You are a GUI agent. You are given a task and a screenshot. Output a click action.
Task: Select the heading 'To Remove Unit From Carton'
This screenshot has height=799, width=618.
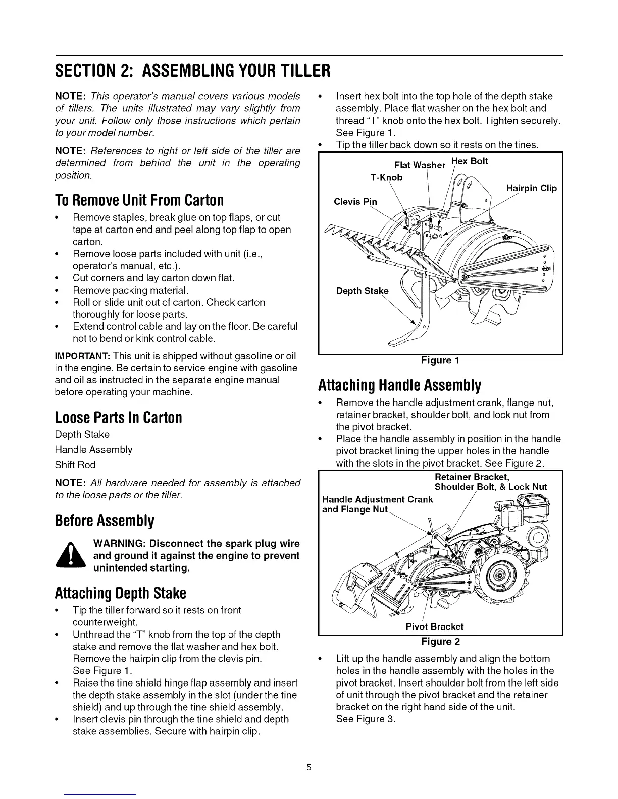tap(139, 200)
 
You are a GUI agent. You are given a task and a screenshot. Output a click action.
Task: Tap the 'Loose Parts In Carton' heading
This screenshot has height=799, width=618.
tap(118, 418)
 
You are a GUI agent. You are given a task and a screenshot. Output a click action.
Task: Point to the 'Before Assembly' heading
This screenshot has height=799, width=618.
tap(105, 521)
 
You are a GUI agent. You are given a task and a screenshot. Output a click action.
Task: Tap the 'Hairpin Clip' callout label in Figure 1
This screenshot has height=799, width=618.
tap(531, 188)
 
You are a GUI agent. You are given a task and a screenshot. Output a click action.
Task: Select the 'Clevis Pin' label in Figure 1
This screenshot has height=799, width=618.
tap(355, 202)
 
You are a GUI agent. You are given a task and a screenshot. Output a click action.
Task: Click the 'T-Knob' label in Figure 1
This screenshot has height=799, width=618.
tap(386, 177)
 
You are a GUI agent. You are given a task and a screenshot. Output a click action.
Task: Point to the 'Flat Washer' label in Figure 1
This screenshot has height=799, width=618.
tap(420, 165)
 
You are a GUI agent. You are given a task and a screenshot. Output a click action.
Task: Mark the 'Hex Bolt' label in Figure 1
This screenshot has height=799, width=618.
tap(469, 161)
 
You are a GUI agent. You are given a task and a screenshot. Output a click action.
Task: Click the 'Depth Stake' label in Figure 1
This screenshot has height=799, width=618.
tap(362, 291)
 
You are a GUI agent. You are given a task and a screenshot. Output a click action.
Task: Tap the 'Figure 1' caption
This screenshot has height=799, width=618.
tap(440, 360)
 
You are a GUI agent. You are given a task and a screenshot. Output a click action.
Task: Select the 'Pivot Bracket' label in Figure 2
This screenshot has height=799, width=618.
tap(435, 626)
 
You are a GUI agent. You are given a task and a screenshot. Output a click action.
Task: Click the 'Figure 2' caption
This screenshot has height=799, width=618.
tap(440, 642)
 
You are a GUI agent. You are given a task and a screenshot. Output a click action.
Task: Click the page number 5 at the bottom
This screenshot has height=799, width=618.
tap(309, 768)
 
